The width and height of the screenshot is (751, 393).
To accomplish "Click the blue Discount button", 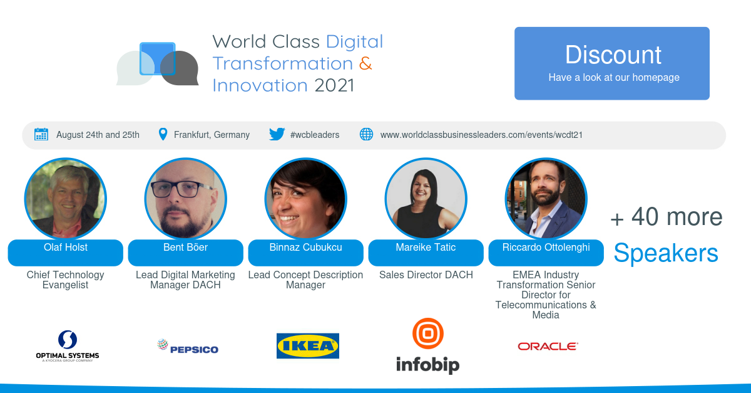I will [x=611, y=63].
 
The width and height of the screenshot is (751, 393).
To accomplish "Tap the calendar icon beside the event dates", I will [x=41, y=134].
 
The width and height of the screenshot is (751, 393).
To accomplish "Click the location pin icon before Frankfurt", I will [x=163, y=134].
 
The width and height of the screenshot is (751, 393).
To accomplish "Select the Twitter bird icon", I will [x=277, y=134].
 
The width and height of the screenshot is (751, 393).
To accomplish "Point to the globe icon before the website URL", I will [x=366, y=134].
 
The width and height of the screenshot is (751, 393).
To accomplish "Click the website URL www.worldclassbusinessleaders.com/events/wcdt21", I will [x=481, y=135].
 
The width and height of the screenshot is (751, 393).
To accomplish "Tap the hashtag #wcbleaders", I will [x=315, y=135].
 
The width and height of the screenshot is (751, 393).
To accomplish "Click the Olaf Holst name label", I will [x=66, y=248].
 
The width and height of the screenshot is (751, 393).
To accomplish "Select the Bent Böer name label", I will [x=185, y=248].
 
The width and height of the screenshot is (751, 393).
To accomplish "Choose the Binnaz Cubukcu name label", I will [x=305, y=248].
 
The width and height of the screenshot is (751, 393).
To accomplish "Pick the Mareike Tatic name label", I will [x=426, y=248].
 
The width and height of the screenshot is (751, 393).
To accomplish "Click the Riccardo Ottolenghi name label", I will [x=546, y=248].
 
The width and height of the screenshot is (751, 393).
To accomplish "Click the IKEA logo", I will [x=308, y=346].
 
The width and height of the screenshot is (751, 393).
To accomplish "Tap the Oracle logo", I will [x=548, y=346].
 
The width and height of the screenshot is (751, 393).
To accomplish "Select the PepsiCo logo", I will [x=187, y=347].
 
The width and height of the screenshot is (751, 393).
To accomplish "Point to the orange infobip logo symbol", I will [x=427, y=334].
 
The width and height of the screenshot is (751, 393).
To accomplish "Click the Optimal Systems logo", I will [x=68, y=346].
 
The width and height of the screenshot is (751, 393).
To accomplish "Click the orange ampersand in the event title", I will [x=365, y=63].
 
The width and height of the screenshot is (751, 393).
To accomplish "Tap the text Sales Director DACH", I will [x=426, y=275].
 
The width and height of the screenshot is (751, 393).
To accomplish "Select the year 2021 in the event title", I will [x=334, y=85].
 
